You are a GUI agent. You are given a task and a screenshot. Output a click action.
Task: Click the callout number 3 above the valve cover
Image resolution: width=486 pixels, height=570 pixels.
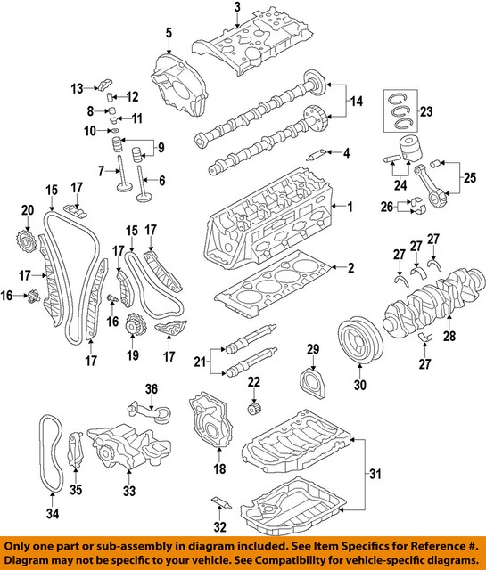[237, 8]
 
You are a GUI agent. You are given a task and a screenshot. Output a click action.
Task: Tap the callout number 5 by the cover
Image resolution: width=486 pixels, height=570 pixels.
[167, 34]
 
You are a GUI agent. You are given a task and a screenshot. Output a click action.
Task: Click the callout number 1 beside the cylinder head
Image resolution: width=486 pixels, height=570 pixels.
[350, 208]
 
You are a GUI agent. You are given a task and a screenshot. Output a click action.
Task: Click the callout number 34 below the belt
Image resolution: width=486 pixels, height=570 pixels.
[52, 513]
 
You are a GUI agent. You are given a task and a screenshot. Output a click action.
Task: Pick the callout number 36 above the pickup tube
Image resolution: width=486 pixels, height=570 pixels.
[151, 387]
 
